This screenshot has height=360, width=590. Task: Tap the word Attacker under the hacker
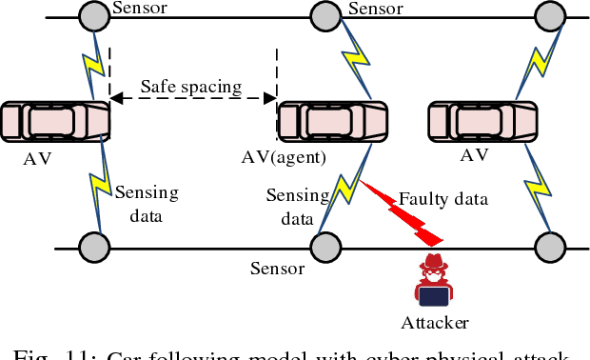(x=434, y=323)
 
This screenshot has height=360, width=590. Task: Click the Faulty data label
(x=442, y=199)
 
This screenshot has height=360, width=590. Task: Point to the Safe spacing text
(x=191, y=87)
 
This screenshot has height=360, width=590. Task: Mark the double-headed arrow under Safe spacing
(x=192, y=98)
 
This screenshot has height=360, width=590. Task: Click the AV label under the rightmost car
(x=474, y=154)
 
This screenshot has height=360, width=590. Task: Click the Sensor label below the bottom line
(x=277, y=269)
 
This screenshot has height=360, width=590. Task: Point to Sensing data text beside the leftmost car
(x=146, y=204)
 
